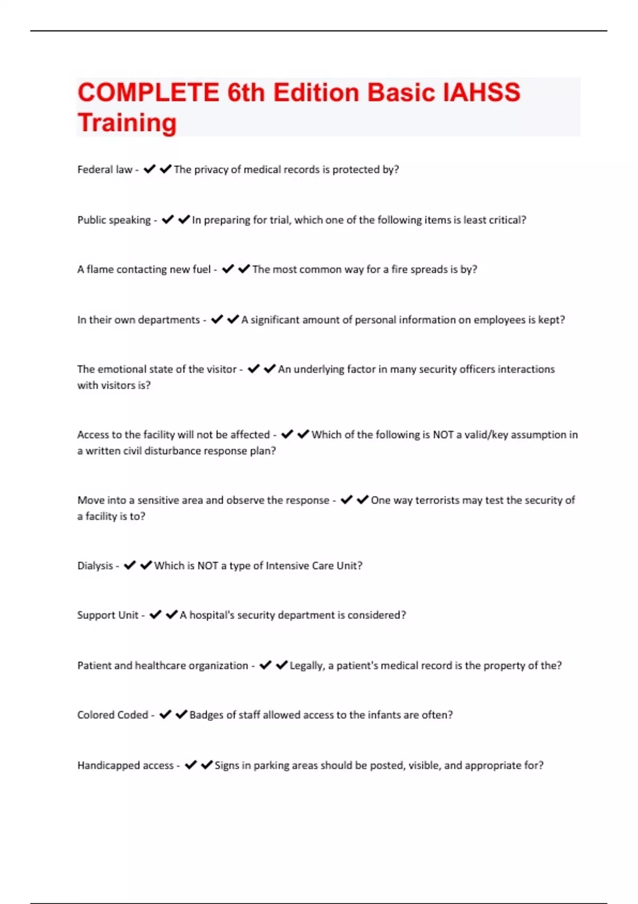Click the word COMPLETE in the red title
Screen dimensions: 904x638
148,93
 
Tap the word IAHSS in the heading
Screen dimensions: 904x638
482,93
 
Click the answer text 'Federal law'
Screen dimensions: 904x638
105,170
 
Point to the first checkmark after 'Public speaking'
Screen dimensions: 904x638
168,220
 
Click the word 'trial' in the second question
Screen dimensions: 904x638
279,220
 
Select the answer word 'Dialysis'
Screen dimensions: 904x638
95,566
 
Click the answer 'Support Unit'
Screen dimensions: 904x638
108,615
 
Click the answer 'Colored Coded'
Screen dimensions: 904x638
113,715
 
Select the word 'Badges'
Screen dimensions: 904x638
206,715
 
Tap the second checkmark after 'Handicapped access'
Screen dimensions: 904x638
207,765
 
